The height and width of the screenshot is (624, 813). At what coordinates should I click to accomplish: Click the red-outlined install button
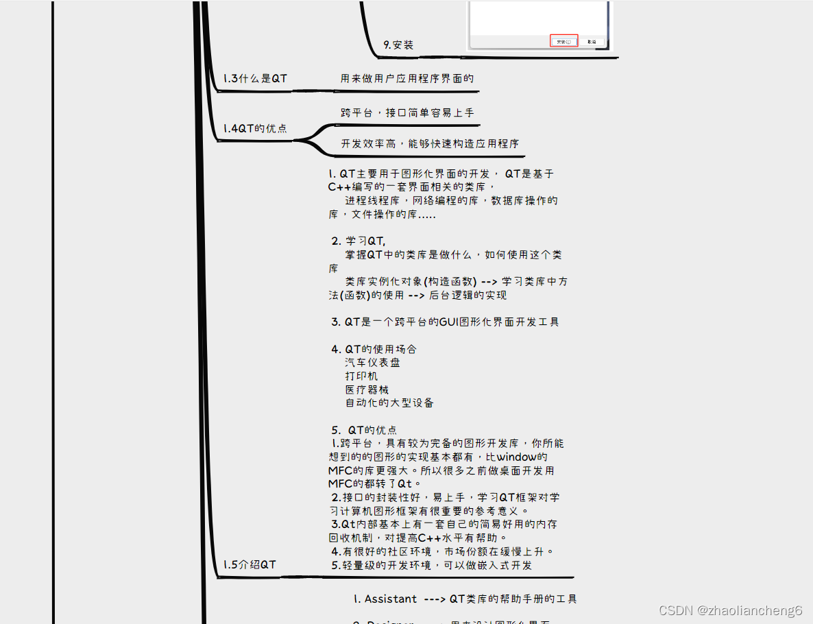(564, 41)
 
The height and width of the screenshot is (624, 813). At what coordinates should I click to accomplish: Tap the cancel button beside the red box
(592, 42)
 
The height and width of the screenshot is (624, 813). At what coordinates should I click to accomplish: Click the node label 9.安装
(398, 45)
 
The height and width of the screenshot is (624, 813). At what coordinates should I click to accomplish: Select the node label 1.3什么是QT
(255, 79)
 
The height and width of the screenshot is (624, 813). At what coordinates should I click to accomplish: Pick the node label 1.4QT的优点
(255, 129)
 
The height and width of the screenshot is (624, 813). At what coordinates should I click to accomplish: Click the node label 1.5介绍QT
(250, 565)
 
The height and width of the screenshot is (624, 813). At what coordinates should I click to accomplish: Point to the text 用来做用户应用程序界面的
(407, 78)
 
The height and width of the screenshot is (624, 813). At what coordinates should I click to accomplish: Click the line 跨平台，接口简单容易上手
(407, 112)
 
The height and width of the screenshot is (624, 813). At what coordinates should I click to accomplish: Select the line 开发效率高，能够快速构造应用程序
(430, 144)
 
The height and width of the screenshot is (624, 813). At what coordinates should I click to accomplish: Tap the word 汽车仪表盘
(372, 363)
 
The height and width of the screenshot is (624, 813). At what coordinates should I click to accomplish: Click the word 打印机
(361, 376)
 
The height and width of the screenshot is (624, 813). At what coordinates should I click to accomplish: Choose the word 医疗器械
(367, 389)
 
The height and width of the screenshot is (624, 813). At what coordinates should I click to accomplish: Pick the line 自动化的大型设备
(389, 403)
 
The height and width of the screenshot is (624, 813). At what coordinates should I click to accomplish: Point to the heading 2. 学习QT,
(359, 241)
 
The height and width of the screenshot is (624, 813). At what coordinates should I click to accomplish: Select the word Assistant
(390, 599)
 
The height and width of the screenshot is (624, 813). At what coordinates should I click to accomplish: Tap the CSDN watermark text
(730, 610)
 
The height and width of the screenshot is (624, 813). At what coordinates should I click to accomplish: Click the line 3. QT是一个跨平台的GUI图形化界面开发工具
(445, 322)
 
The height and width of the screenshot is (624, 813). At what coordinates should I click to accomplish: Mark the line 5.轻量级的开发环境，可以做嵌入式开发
(432, 566)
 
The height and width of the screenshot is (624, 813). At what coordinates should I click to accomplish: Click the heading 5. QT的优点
(364, 430)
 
